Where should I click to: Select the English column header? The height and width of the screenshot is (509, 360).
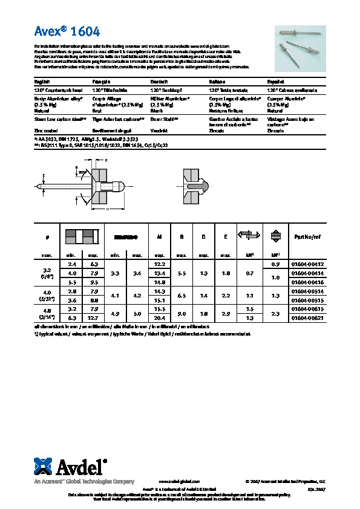tap(42, 81)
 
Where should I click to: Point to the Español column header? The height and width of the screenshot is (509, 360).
tap(276, 81)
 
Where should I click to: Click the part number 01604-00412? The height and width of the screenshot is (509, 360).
tap(307, 265)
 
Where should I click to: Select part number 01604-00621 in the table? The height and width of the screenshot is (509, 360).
tap(307, 317)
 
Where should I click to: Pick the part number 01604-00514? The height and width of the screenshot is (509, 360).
tap(307, 291)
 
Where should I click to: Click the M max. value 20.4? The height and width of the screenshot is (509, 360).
tap(160, 317)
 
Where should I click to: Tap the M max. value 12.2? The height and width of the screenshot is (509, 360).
tap(160, 265)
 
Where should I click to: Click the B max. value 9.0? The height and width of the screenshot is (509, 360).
tap(181, 313)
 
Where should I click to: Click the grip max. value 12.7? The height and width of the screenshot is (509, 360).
tap(93, 317)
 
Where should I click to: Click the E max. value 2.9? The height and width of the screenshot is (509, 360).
tap(225, 313)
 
